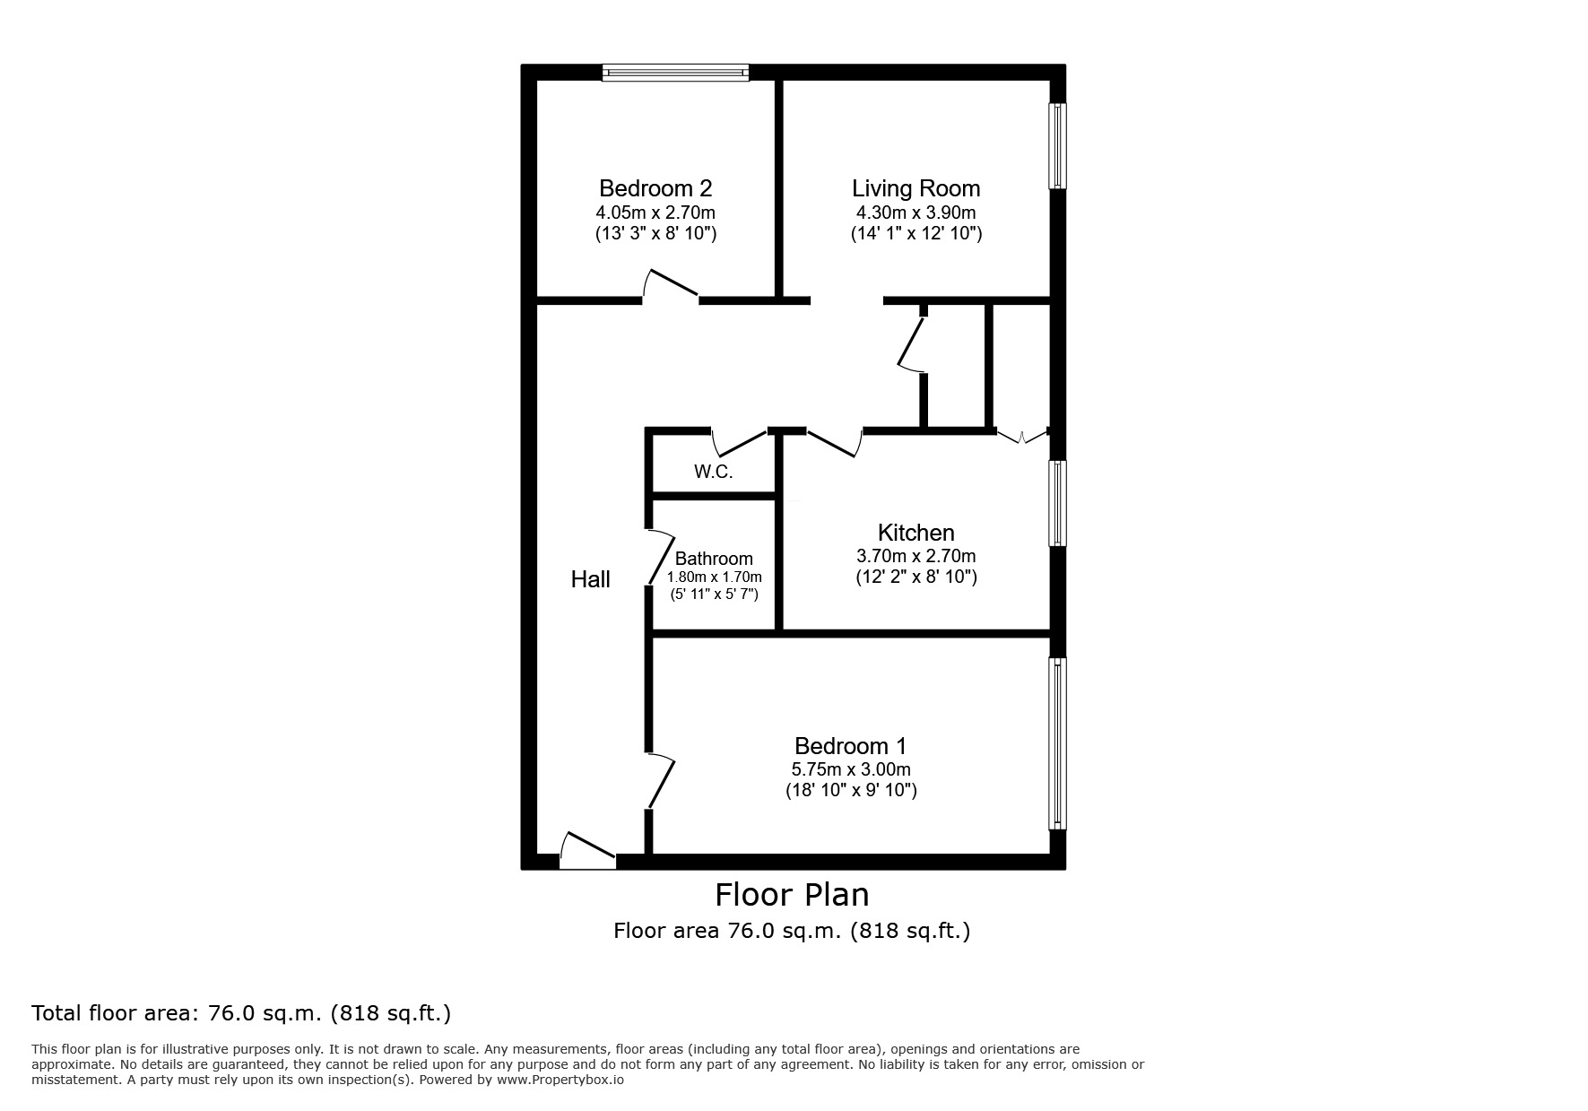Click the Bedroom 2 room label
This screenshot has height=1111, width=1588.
coord(655,188)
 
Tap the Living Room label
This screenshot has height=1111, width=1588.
coord(915,188)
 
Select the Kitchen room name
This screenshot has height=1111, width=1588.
coord(915,532)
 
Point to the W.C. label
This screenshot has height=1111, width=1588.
coord(713,472)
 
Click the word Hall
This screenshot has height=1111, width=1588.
coord(590,579)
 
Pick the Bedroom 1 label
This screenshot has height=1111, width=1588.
coord(850,745)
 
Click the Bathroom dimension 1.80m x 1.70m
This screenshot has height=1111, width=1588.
coord(714,577)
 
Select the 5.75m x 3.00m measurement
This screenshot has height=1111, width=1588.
coord(850,769)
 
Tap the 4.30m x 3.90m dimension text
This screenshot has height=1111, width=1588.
coord(915,213)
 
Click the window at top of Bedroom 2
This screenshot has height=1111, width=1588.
coord(674,73)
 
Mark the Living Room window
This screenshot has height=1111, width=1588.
coord(1058,146)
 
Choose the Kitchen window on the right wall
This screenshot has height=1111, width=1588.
coord(1058,503)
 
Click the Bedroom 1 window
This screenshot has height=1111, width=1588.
coord(1058,742)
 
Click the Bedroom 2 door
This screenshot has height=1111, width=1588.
coord(670,285)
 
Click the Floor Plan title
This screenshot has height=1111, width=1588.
coord(792,894)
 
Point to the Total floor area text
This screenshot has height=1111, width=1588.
coord(241,1013)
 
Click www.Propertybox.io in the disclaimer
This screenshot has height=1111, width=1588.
coord(560,1080)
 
